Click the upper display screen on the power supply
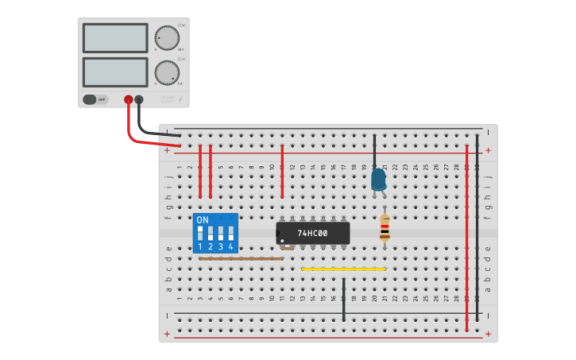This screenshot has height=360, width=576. point(115,38)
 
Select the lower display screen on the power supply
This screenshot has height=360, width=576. point(115,72)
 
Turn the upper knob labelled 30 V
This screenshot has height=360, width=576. point(167,38)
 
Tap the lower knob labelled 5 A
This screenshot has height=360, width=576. point(167,73)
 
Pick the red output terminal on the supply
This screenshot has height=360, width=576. point(128,99)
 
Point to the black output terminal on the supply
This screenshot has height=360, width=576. point(139,99)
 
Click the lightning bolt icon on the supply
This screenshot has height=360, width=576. point(180,100)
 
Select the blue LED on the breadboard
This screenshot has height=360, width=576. point(378,179)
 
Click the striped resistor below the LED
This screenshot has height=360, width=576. point(385,228)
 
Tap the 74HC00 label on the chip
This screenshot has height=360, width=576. point(312,234)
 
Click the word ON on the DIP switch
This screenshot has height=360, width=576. point(202,219)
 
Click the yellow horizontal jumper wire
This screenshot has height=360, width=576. point(343,269)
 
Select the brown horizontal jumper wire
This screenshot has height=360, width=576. point(241,258)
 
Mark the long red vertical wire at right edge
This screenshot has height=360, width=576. point(466,238)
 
